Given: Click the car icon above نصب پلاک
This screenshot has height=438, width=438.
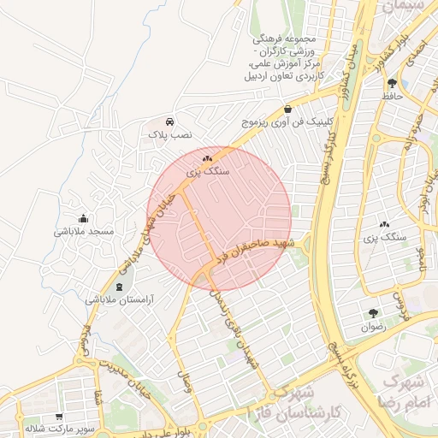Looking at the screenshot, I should (170, 121).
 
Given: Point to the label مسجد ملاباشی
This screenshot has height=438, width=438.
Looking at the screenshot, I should (81, 232).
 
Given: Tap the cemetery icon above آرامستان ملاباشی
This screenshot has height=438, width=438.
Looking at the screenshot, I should (118, 286).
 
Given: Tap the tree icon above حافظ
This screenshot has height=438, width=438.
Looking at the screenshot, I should (392, 83).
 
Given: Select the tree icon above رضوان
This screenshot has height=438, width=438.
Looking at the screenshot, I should (373, 313).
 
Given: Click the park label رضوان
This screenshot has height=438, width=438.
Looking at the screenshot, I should (373, 327).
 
